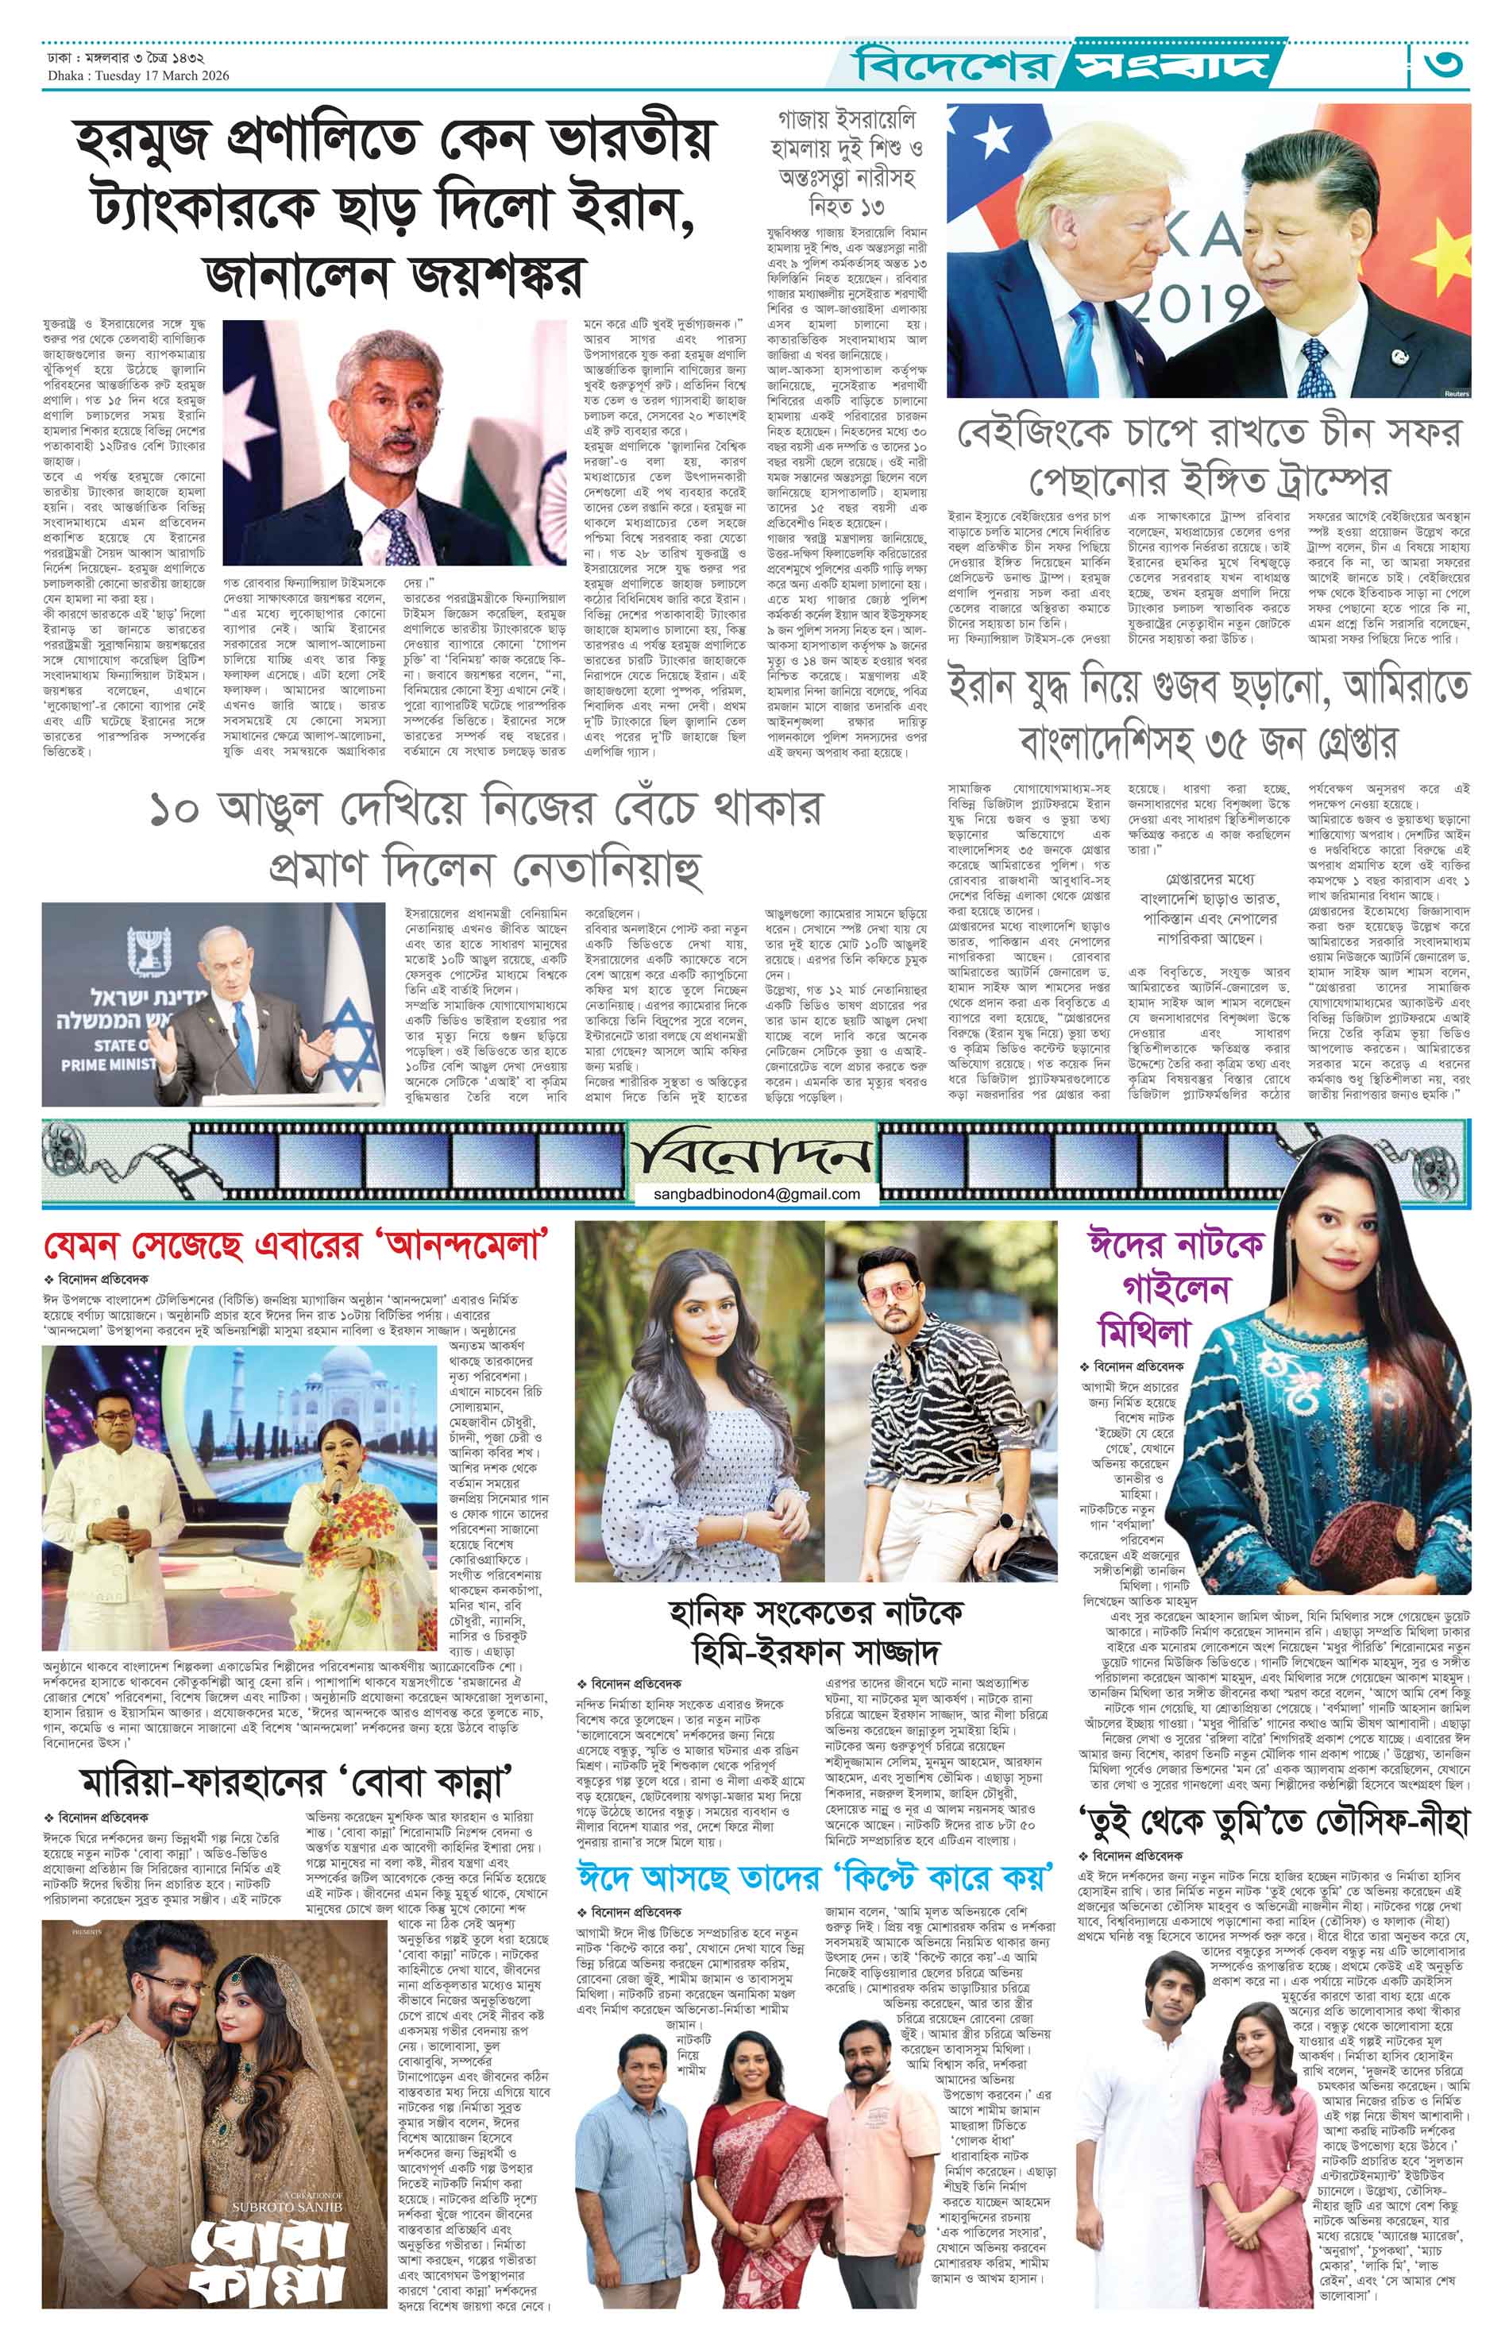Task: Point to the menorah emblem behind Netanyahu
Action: pyautogui.click(x=150, y=948)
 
